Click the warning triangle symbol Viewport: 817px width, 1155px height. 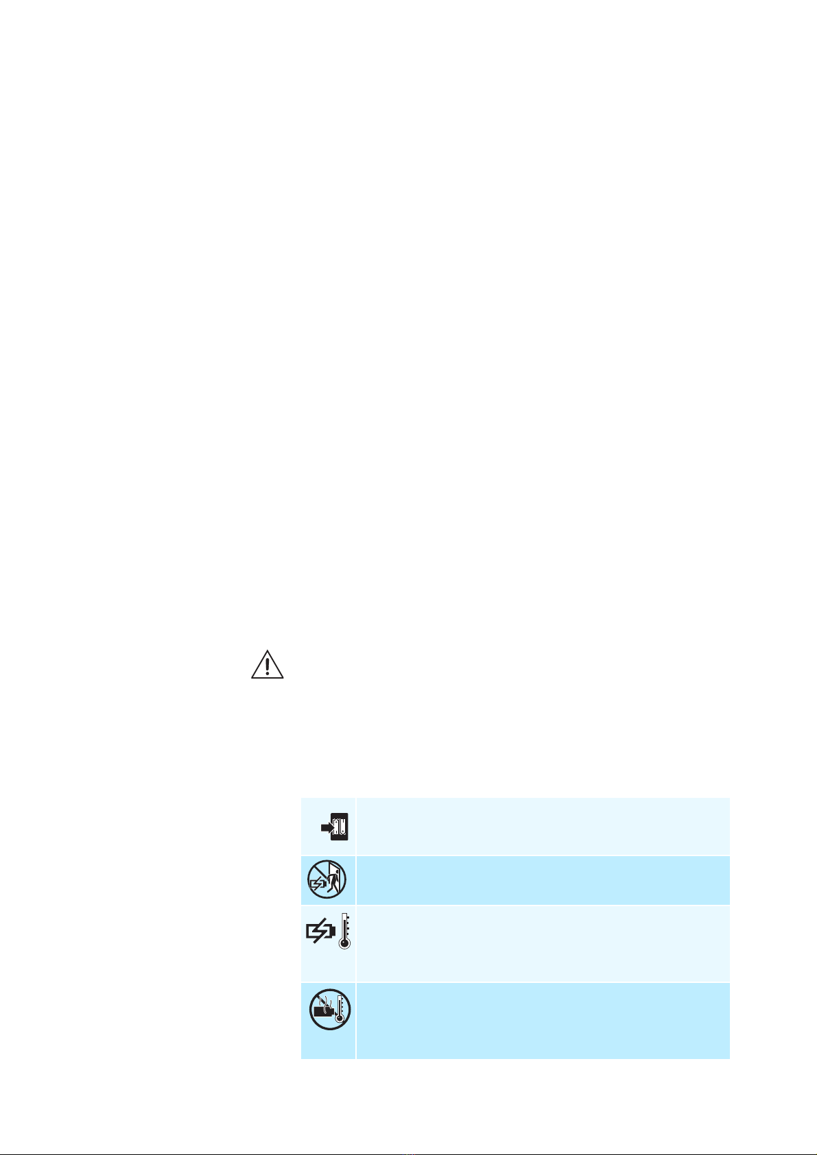click(268, 664)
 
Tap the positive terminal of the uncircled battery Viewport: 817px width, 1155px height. click(334, 932)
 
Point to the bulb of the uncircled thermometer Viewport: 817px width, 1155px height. click(344, 943)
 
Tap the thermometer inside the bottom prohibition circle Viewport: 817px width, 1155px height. click(339, 1010)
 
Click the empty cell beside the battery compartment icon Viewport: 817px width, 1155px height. click(543, 826)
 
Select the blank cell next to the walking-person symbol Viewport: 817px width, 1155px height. click(543, 880)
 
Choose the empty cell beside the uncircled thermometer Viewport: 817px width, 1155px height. click(543, 943)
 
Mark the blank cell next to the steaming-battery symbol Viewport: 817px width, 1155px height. click(543, 1021)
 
